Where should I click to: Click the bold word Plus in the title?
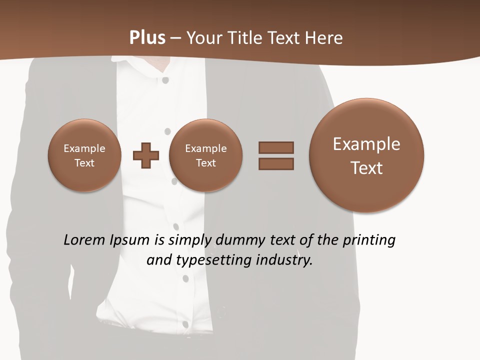tap(147, 37)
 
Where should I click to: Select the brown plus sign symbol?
tap(146, 155)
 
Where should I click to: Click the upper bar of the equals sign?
tap(276, 147)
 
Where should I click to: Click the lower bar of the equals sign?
tap(276, 163)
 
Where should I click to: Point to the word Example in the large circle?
tap(366, 144)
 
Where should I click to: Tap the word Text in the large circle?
tap(366, 168)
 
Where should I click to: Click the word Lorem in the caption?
tap(85, 240)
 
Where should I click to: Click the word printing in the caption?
tap(368, 240)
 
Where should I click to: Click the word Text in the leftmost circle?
tap(84, 163)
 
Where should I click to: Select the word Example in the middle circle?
tap(206, 148)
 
